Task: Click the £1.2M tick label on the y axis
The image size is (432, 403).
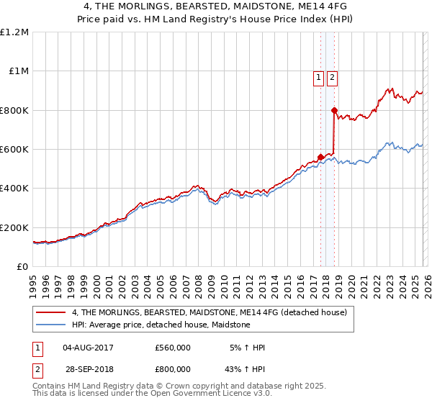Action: (14, 32)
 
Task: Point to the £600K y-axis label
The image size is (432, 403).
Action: (14, 150)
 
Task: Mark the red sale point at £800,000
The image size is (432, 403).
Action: (334, 110)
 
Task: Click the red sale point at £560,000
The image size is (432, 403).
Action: (320, 157)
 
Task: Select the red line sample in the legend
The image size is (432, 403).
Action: (52, 313)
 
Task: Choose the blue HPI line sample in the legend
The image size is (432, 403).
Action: (52, 325)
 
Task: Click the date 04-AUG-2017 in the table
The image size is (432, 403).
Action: (88, 348)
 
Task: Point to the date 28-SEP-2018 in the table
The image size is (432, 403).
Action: (88, 369)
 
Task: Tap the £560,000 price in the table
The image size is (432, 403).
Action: (173, 348)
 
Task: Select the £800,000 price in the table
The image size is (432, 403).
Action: (173, 369)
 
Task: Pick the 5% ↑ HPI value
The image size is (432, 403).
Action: (246, 348)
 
